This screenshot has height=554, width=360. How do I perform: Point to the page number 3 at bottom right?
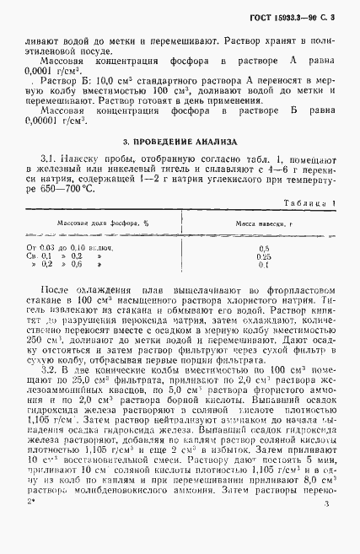click(x=325, y=527)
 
